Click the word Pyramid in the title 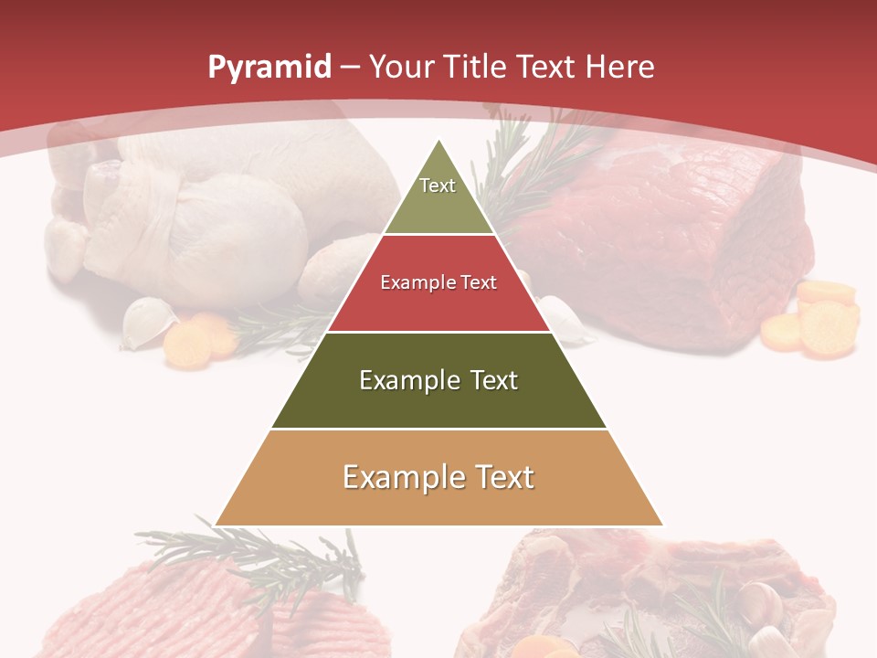269,68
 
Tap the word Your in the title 398,67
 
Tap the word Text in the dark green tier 494,380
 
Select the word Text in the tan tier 504,477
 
